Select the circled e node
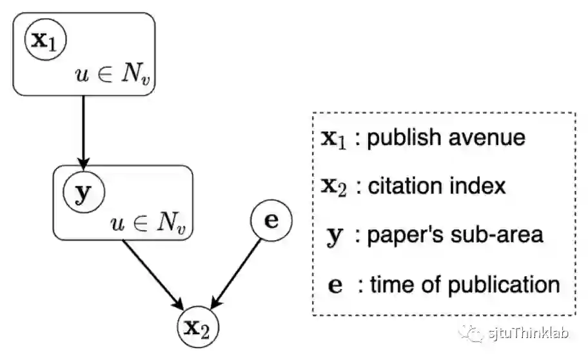[x=271, y=221]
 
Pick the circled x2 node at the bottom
[x=198, y=329]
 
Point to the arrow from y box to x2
[x=153, y=271]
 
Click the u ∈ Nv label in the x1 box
[x=116, y=77]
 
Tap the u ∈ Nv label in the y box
[x=153, y=224]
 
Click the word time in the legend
[x=390, y=284]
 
